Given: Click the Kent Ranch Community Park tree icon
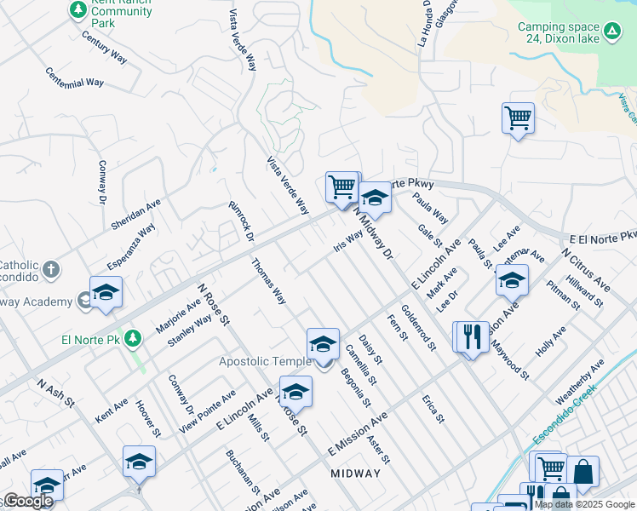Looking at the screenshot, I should (78, 9).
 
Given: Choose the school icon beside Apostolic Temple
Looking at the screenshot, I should (323, 344).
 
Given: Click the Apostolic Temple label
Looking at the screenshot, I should (265, 361).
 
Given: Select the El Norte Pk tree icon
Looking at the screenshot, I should (132, 339).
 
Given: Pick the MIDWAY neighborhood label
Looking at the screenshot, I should (355, 474).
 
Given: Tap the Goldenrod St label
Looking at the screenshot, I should (418, 328).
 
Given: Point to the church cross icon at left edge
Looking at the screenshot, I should (51, 271).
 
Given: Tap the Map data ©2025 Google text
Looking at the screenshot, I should (584, 504).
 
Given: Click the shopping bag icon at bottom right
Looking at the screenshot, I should (583, 471).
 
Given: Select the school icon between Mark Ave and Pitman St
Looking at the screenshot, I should (512, 279).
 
